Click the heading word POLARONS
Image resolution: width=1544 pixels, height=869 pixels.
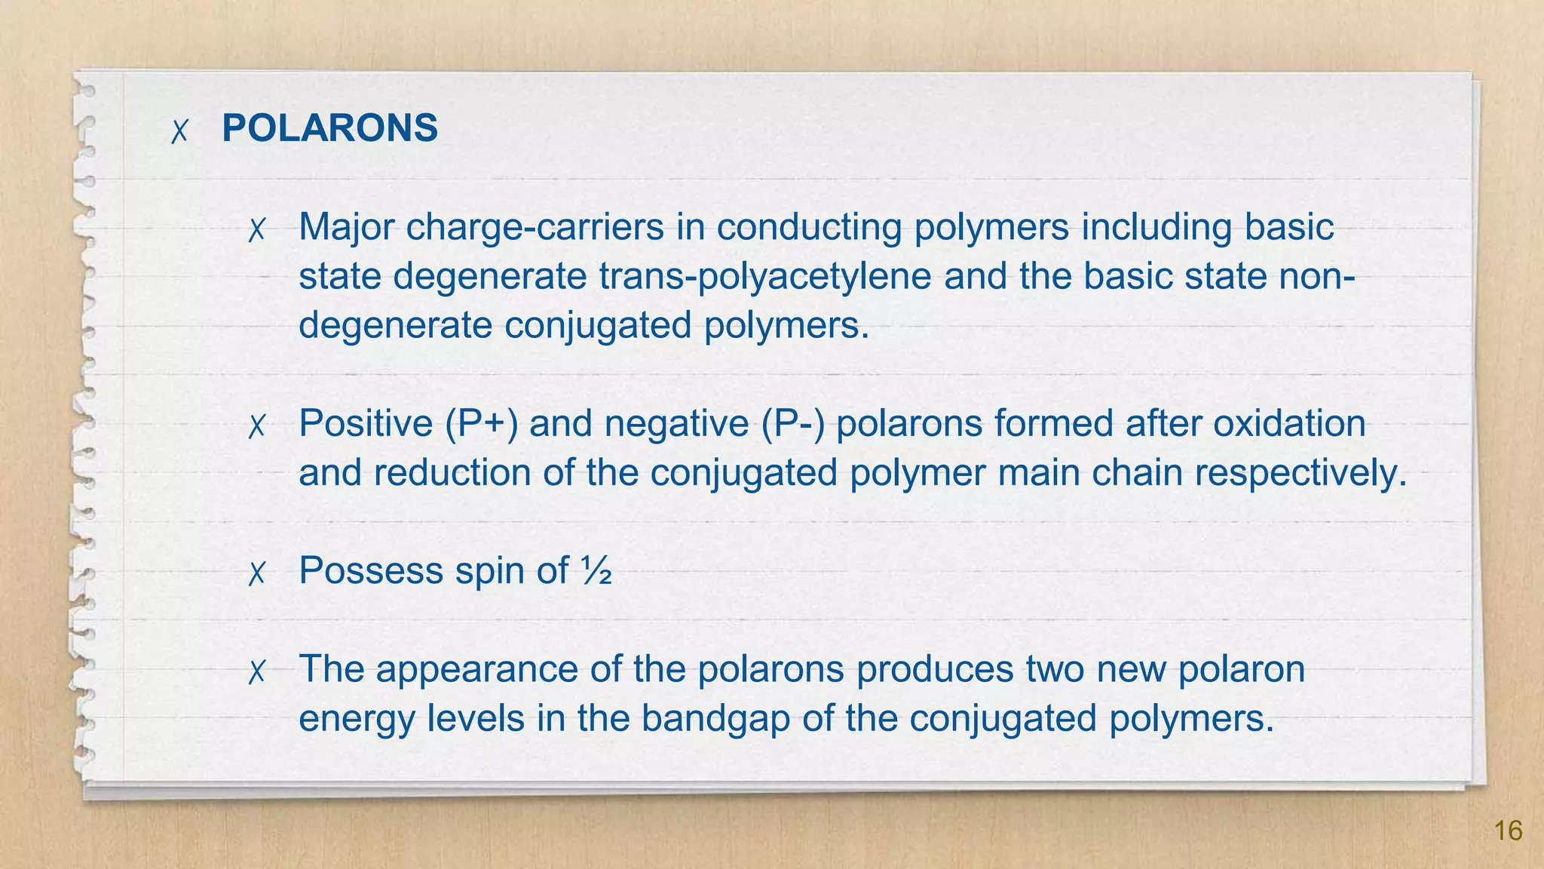(329, 128)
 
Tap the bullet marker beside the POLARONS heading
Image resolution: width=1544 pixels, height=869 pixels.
(179, 131)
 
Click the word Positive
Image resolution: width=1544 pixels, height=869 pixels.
(366, 423)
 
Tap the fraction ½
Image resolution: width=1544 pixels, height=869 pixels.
(596, 571)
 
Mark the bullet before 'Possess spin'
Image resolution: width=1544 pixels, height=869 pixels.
(257, 574)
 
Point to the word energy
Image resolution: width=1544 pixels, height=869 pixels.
(357, 718)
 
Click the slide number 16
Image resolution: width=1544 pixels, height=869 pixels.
(1508, 831)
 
